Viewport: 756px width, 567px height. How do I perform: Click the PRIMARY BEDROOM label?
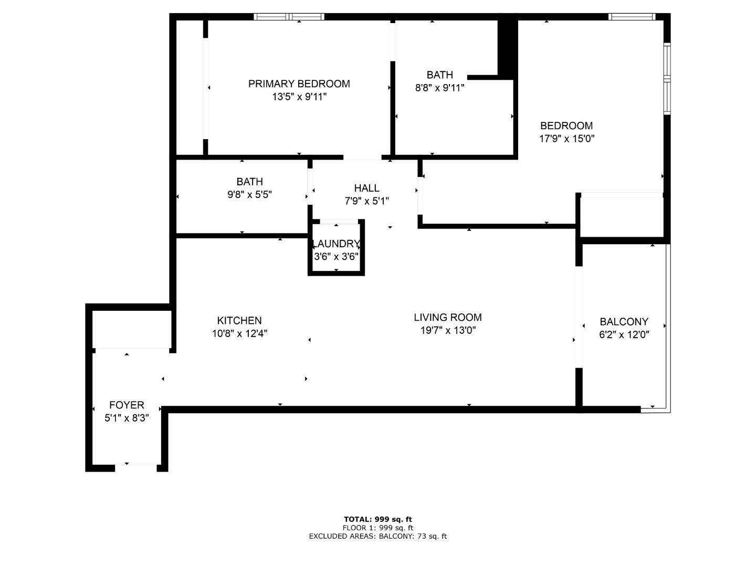299,84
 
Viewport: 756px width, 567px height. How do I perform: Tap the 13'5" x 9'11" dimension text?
299,97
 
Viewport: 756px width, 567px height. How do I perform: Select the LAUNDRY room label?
336,244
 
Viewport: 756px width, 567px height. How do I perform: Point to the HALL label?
366,188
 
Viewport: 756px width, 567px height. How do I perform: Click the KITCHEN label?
239,321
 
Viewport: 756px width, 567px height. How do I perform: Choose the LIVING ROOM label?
447,318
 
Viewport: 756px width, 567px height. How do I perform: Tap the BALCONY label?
624,322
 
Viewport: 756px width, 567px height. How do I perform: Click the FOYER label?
127,405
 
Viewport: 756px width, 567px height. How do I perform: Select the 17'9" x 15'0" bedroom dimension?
566,139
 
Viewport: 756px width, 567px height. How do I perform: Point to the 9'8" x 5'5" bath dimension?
249,195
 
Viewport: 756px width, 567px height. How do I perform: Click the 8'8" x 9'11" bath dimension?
439,88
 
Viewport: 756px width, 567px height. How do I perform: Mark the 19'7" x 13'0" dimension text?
447,331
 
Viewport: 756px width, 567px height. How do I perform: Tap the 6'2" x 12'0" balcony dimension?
624,335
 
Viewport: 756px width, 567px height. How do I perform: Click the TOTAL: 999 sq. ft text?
377,519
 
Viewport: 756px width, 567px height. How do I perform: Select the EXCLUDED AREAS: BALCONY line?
377,536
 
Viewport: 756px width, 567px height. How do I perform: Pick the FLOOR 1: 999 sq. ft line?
377,528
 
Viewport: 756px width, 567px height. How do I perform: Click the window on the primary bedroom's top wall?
289,17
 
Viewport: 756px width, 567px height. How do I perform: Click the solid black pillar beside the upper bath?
507,47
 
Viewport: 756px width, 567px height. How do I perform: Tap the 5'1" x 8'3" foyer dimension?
127,418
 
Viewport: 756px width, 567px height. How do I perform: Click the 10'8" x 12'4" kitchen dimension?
239,334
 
